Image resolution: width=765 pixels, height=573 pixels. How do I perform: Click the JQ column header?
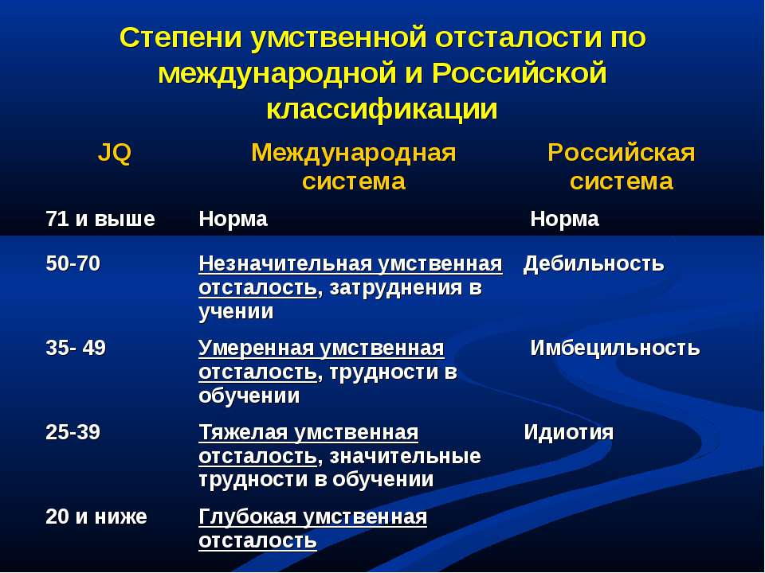coord(115,153)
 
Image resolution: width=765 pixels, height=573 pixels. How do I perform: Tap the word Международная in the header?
coord(354,154)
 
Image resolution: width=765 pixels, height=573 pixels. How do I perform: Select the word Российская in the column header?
coord(621,153)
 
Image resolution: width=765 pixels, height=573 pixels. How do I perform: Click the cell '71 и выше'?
coord(100,219)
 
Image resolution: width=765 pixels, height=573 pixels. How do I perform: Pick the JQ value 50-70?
coord(73,263)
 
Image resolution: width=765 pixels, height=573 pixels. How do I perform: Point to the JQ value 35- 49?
coord(76,348)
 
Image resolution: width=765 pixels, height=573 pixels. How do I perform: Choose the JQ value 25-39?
coord(73,432)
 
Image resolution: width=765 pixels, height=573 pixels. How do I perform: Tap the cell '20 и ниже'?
coord(96,516)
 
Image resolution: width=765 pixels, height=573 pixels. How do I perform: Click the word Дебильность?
coord(593,263)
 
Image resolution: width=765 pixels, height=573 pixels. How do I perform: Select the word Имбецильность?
coord(614,348)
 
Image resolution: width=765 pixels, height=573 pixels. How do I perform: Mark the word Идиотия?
coord(568,432)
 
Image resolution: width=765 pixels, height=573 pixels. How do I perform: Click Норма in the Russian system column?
coord(564,220)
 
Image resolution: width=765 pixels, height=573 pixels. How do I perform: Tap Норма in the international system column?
coord(233,220)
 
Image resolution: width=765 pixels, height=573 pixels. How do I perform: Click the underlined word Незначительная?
coord(285,263)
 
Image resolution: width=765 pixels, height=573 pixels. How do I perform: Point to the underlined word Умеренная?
coord(256,348)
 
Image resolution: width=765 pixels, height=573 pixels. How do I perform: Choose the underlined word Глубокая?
coord(248,516)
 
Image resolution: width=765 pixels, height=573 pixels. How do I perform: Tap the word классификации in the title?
coord(382,109)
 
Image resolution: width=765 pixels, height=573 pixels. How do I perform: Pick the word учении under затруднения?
coord(236,311)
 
